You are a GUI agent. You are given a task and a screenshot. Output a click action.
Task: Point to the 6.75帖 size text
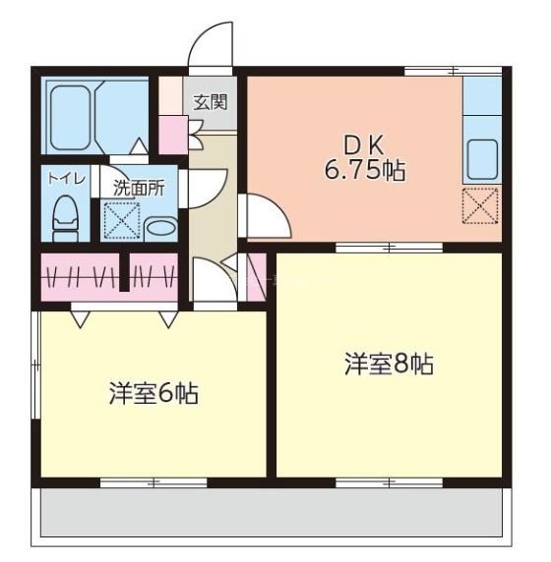point(364,169)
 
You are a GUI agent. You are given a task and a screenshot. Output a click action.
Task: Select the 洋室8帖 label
point(388,364)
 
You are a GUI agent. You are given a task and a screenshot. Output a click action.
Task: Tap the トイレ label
point(66,179)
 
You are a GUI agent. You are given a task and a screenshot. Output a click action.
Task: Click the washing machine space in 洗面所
point(120,220)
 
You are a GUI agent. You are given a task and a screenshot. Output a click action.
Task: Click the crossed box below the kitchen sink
point(480,205)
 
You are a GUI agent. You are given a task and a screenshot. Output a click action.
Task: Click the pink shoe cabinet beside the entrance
point(173,135)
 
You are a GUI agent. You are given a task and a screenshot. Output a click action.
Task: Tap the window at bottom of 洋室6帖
point(153,482)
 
